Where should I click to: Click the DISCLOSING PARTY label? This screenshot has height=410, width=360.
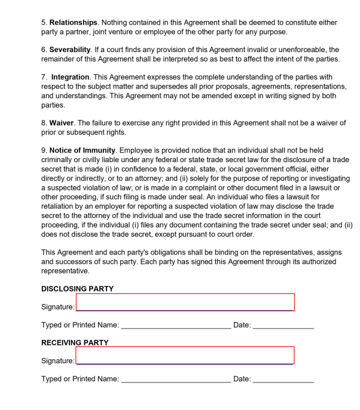pos(77,288)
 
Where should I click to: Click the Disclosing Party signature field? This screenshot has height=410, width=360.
pos(185,302)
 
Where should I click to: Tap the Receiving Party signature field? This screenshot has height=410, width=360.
pos(185,355)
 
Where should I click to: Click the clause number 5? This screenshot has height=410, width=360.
pos(43,22)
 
